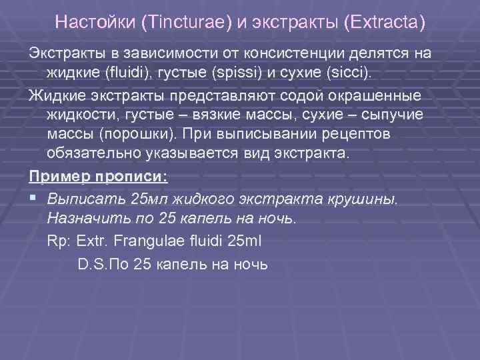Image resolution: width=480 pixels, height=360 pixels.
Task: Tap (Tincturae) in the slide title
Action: click(x=183, y=22)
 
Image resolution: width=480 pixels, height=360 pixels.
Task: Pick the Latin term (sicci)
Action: click(x=337, y=71)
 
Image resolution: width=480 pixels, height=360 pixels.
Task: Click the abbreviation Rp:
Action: click(x=60, y=241)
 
